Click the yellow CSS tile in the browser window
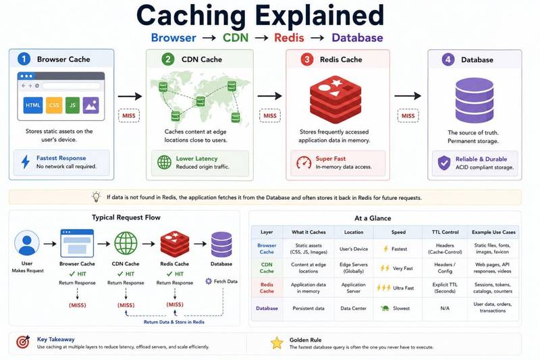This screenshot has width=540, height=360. [54, 105]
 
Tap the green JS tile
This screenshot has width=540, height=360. [73, 105]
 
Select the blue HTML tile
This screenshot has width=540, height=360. [33, 105]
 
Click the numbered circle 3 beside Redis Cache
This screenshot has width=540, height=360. [307, 59]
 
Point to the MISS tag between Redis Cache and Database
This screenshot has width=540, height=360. [408, 115]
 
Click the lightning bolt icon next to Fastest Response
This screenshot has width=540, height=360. [26, 162]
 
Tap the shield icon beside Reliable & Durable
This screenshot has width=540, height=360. [444, 163]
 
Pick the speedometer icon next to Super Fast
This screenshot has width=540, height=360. [304, 163]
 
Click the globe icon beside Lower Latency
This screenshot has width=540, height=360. [164, 162]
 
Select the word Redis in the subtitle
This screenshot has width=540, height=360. [289, 38]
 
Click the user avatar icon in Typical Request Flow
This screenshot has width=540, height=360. [27, 243]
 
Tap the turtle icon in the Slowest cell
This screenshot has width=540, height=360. [385, 308]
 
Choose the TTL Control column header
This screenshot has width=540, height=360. [445, 232]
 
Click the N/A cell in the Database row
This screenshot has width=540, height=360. [445, 308]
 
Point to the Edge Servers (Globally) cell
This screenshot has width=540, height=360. [354, 268]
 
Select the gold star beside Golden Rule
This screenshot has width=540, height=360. [277, 343]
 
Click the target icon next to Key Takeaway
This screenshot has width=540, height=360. [23, 342]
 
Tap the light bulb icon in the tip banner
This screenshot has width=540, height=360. [96, 197]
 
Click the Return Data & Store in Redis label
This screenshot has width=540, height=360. [174, 322]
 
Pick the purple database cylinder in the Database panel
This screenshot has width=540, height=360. [475, 100]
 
